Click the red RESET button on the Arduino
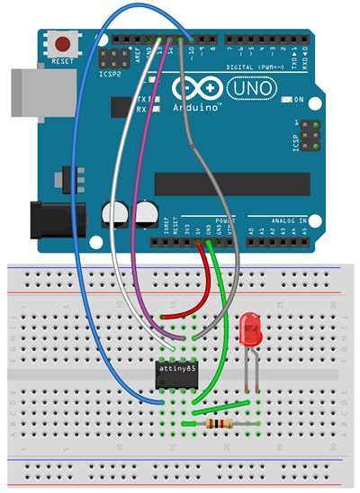[63, 42]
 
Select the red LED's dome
[251, 326]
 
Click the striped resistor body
[218, 423]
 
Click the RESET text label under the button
[63, 61]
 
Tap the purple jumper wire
[137, 225]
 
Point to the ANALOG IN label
[288, 220]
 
